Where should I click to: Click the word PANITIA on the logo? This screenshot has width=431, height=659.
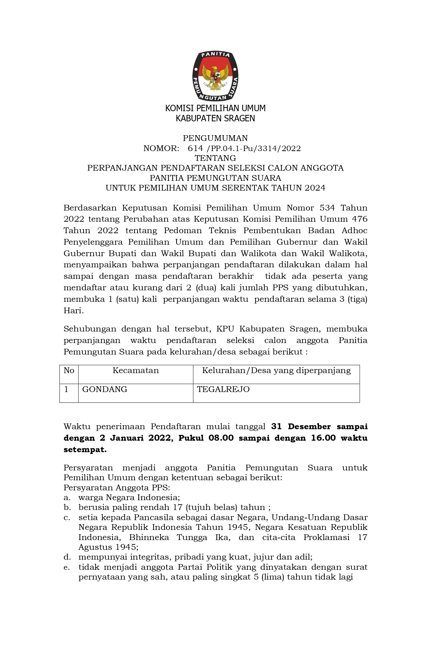pyautogui.click(x=215, y=55)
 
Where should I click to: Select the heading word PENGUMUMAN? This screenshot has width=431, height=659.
pyautogui.click(x=215, y=138)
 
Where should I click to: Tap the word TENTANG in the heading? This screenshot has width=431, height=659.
pyautogui.click(x=215, y=158)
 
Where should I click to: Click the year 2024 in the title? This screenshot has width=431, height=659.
pyautogui.click(x=315, y=188)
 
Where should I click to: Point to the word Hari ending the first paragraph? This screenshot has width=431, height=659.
pyautogui.click(x=73, y=311)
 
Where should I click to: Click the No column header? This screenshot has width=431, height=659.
pyautogui.click(x=69, y=371)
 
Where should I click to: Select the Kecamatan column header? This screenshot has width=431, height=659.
pyautogui.click(x=136, y=371)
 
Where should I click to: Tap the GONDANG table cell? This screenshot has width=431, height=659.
pyautogui.click(x=105, y=389)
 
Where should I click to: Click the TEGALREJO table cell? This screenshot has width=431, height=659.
pyautogui.click(x=223, y=389)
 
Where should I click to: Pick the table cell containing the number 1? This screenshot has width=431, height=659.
pyautogui.click(x=66, y=389)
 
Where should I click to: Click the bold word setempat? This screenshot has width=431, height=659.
pyautogui.click(x=85, y=449)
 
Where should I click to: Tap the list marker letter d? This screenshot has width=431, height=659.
pyautogui.click(x=67, y=557)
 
